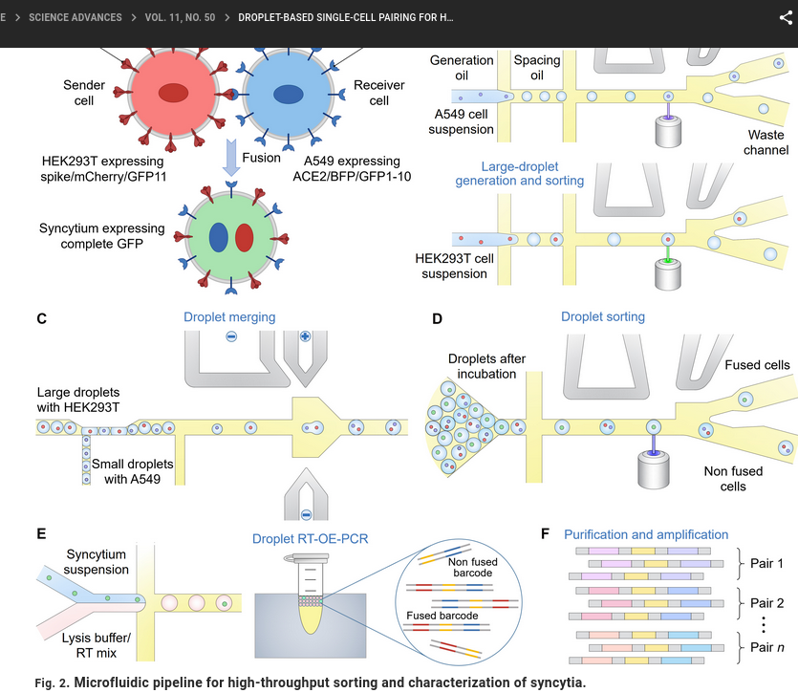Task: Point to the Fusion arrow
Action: point(230,157)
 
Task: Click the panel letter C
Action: point(42,318)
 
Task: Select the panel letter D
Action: point(438,318)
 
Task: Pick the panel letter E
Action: point(41,534)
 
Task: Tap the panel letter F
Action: point(546,534)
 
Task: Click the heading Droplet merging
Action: point(229,317)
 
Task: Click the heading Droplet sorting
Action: point(602,317)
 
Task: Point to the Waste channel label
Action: point(766,142)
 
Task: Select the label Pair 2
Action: point(766,603)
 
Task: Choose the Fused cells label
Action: point(757,365)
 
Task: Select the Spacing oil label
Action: point(537,68)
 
